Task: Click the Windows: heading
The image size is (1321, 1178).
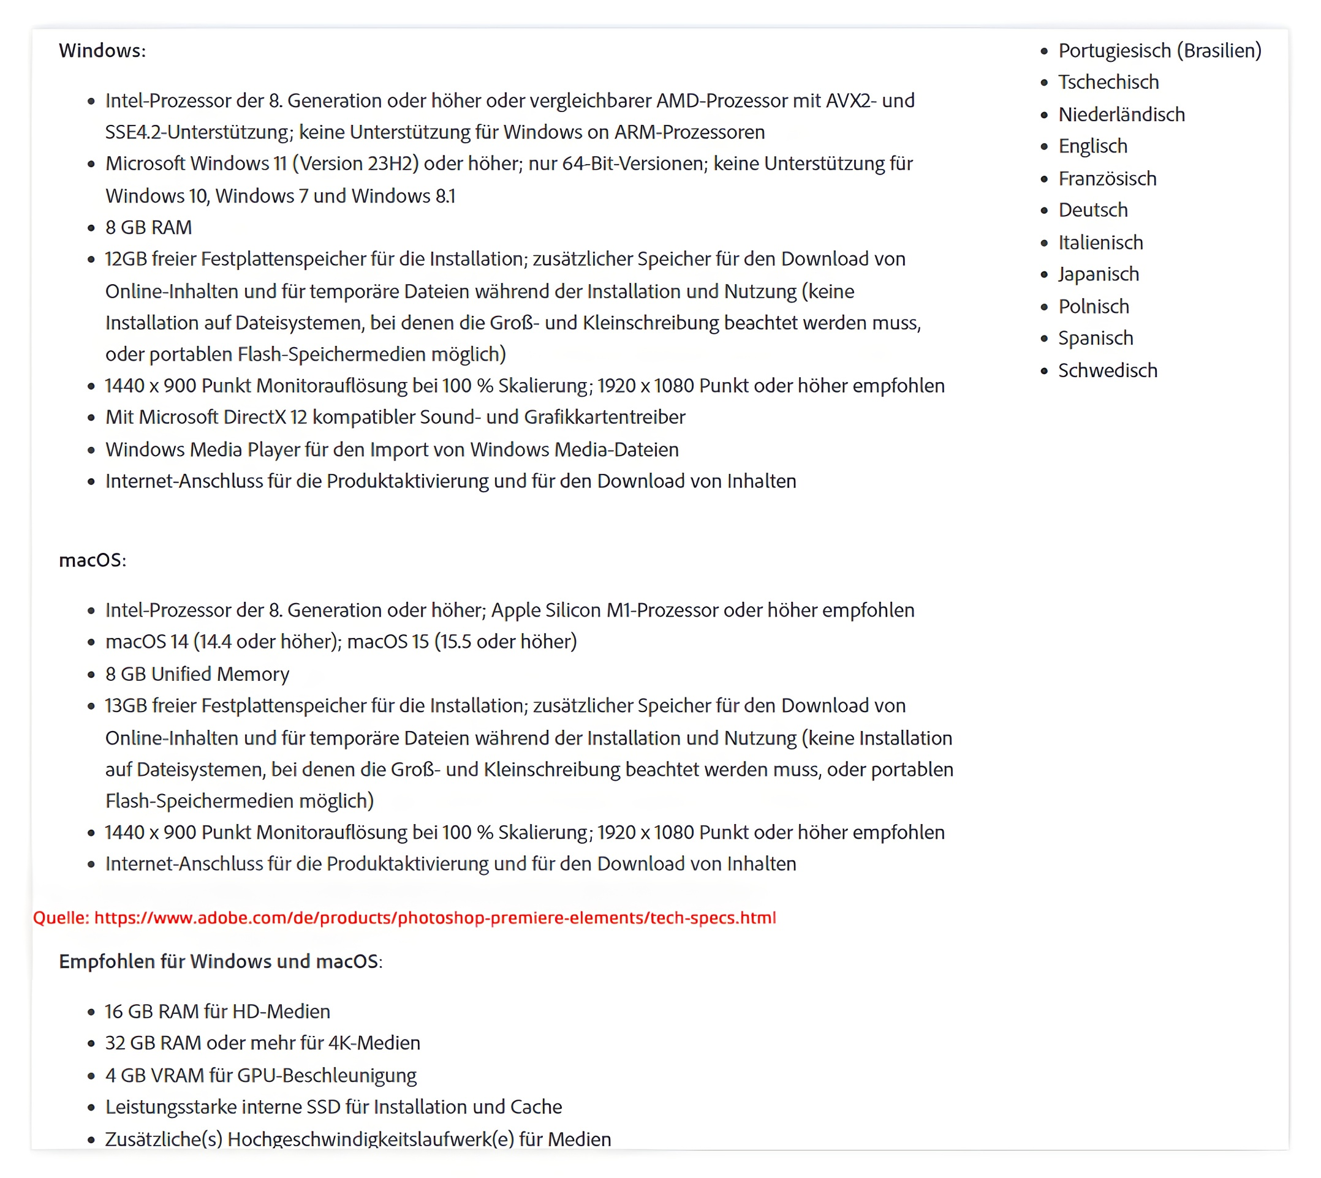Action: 102,50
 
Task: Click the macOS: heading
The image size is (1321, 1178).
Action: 93,560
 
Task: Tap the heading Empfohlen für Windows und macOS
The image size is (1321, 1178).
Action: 220,961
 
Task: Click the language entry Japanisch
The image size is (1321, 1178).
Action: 1098,274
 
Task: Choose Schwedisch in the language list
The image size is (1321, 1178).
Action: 1107,370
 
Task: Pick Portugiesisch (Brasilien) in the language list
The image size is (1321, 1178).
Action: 1159,50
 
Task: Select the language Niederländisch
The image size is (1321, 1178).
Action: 1121,114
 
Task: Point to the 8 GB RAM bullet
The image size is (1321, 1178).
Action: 148,227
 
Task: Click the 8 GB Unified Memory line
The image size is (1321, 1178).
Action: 197,673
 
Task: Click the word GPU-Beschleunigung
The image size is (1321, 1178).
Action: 327,1075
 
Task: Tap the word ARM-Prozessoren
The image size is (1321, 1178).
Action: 689,132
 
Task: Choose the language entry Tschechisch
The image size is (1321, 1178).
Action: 1108,82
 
